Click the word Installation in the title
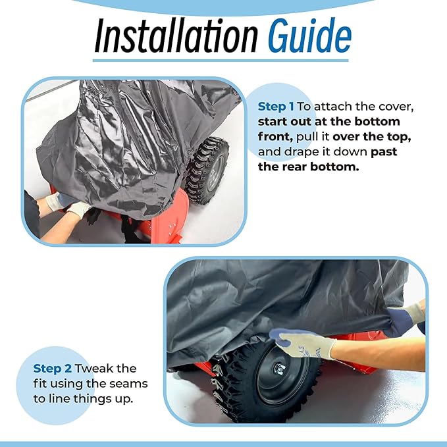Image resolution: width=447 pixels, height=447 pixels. coord(176,36)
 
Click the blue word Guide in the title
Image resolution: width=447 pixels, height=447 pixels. coord(309,36)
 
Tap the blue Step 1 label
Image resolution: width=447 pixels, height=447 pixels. coord(276,107)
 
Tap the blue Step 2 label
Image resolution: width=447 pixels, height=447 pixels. coord(53,369)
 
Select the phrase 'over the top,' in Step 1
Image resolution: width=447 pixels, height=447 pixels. coord(372,137)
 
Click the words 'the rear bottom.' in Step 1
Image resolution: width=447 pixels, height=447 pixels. coord(309,167)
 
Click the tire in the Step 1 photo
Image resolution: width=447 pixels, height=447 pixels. coord(207,171)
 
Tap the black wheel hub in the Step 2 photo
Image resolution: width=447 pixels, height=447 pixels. coord(282,371)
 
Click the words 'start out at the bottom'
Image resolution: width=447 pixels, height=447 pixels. coord(329,122)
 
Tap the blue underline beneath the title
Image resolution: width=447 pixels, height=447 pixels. coord(221,61)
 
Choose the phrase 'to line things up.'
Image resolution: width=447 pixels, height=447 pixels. coord(83,399)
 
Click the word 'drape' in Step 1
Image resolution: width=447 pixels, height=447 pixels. coord(302,152)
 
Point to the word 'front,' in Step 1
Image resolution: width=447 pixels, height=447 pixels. coord(275,137)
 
